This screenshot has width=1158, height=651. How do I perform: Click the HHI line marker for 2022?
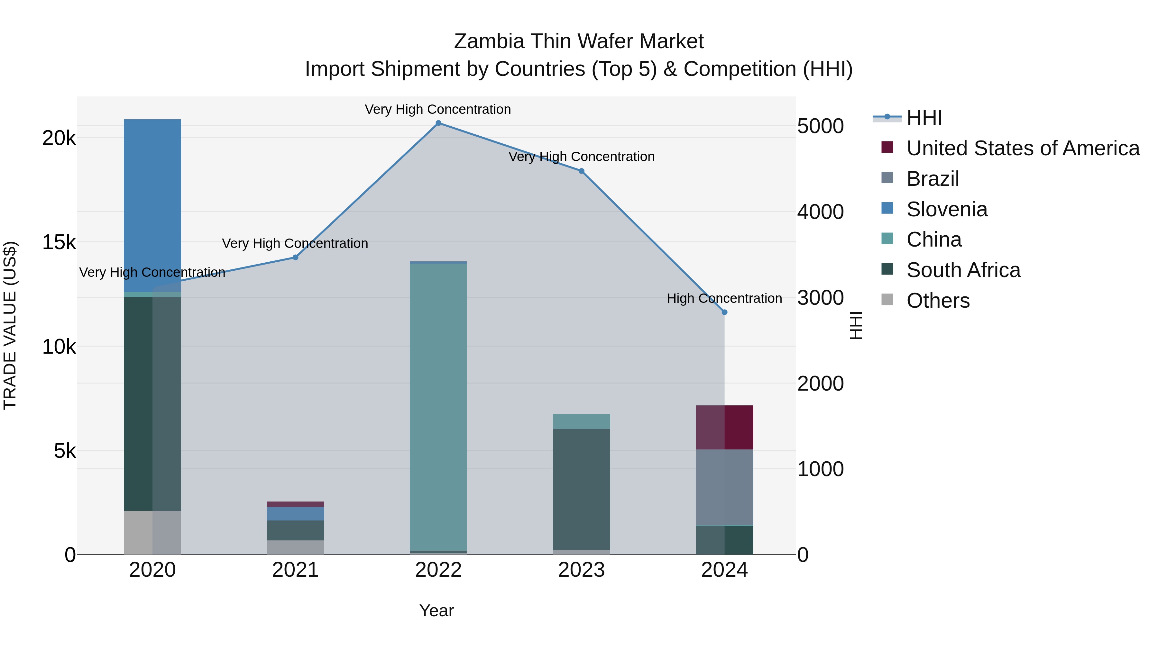[x=438, y=123]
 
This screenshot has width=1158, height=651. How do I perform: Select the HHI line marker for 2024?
[x=724, y=312]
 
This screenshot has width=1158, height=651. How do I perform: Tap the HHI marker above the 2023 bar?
[x=581, y=171]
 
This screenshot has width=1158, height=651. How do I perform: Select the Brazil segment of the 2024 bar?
[x=724, y=487]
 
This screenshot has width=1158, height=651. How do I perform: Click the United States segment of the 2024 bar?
[x=724, y=427]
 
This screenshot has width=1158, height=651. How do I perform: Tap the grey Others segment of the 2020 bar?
[x=152, y=532]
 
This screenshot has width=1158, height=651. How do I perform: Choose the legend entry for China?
[x=934, y=240]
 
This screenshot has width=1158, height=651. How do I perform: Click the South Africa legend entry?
[x=963, y=270]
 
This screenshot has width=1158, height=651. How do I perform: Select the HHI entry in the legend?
[x=924, y=118]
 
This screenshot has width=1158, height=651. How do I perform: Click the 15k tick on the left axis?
[x=59, y=243]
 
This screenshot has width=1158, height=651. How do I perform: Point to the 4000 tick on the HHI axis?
[x=820, y=212]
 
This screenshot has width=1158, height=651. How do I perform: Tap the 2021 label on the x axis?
[x=295, y=570]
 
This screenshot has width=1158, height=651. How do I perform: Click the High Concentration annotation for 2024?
[x=724, y=298]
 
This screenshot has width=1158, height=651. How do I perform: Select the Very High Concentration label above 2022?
[x=437, y=109]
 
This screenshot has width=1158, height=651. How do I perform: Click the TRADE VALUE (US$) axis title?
[x=10, y=325]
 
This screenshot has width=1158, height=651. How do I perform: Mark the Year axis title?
[x=437, y=610]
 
